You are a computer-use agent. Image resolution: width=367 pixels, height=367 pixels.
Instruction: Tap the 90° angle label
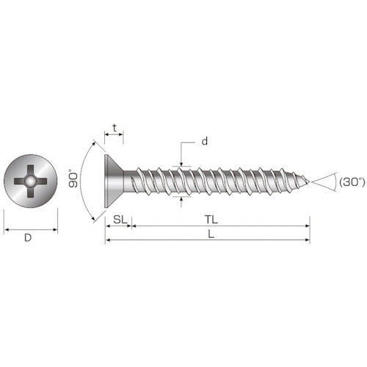pos(73,179)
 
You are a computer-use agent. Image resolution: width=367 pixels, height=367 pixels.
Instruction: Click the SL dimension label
pos(118,219)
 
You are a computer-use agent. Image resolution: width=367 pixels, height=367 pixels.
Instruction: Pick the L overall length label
pos(211,233)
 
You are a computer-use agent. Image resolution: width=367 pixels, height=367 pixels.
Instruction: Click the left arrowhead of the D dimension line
pos(6,230)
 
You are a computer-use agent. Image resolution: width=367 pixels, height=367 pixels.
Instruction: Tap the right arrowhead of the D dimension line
pos(55,230)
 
